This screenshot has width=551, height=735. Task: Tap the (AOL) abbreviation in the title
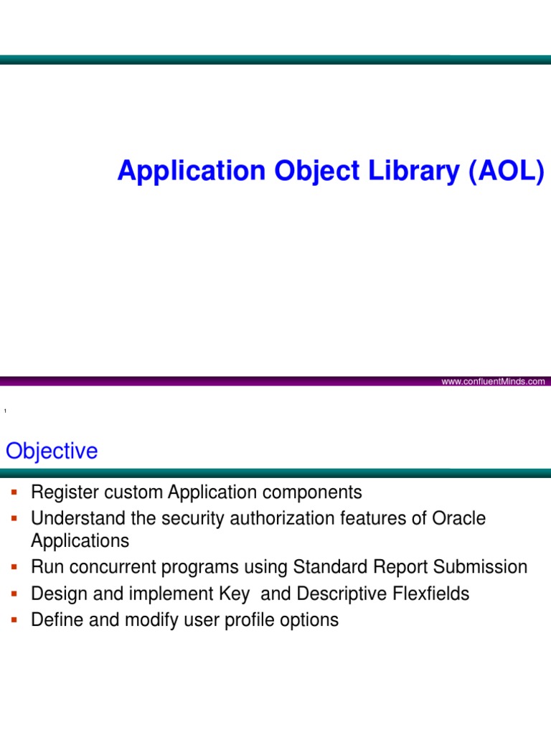507,172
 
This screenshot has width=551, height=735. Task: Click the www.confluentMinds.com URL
493,382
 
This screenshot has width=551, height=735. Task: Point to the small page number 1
5,411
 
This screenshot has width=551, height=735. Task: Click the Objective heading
52,451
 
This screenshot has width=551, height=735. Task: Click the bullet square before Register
13,492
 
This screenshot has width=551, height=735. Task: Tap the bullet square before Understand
13,518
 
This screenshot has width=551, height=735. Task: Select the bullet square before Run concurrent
13,567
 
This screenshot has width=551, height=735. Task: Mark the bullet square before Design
13,593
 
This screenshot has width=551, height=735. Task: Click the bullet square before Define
13,619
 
